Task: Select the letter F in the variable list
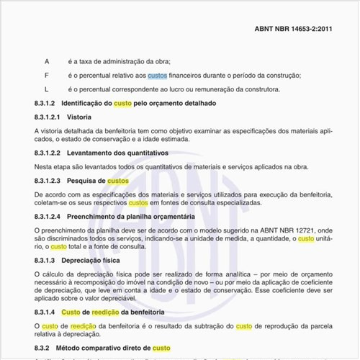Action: point(47,76)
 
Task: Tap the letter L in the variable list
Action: point(47,89)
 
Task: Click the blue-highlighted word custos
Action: point(157,76)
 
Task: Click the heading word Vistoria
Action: point(79,117)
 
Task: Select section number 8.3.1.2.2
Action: point(48,153)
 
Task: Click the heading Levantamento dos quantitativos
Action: point(117,153)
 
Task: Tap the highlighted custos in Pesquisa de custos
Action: point(118,181)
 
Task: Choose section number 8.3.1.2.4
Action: point(48,216)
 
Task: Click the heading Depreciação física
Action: point(91,259)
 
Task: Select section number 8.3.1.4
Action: point(45,312)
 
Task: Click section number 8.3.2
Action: point(42,348)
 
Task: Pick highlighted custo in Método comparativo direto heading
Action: point(162,348)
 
